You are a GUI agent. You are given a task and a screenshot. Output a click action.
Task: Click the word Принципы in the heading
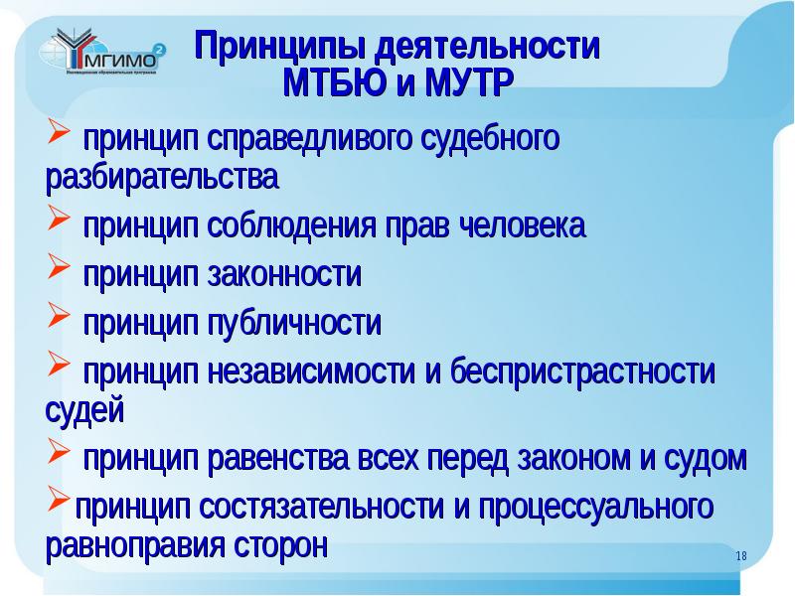pyautogui.click(x=261, y=47)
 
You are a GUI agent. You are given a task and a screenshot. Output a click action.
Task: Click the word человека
pyautogui.click(x=522, y=225)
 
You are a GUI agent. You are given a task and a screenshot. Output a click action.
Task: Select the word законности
pyautogui.click(x=284, y=274)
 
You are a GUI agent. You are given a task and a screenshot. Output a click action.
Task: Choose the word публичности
pyautogui.click(x=294, y=323)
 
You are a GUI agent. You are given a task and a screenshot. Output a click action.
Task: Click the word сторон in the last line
pyautogui.click(x=280, y=545)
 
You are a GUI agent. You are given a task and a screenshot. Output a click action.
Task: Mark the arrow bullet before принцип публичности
pyautogui.click(x=58, y=320)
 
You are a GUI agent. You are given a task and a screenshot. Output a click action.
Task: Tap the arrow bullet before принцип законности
pyautogui.click(x=58, y=271)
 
